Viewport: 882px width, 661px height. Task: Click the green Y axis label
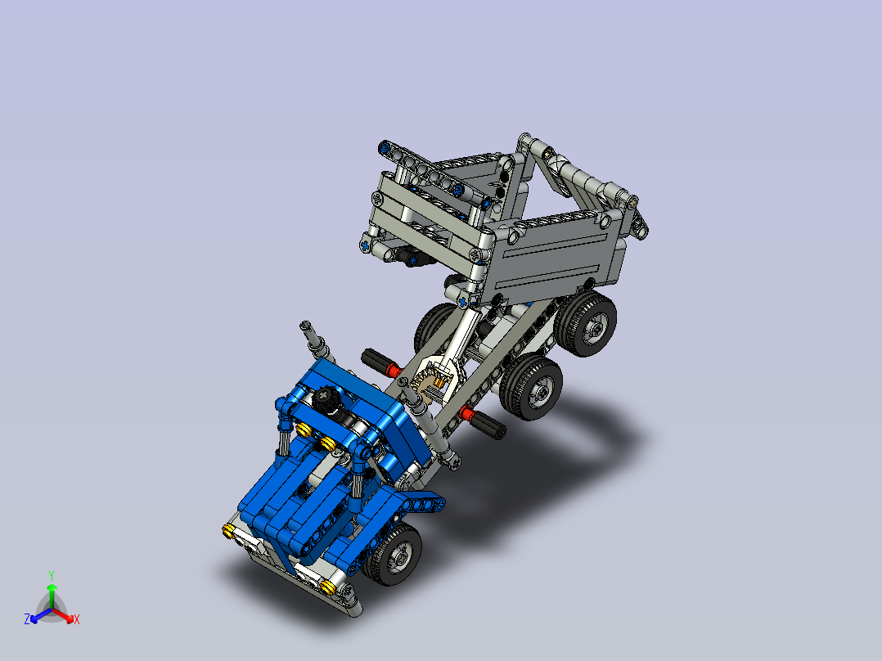[52, 574]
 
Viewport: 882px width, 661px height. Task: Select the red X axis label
[77, 620]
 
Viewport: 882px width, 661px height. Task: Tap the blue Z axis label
[27, 620]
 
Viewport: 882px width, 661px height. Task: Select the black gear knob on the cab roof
[325, 400]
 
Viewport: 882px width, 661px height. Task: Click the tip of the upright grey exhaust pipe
[307, 326]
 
